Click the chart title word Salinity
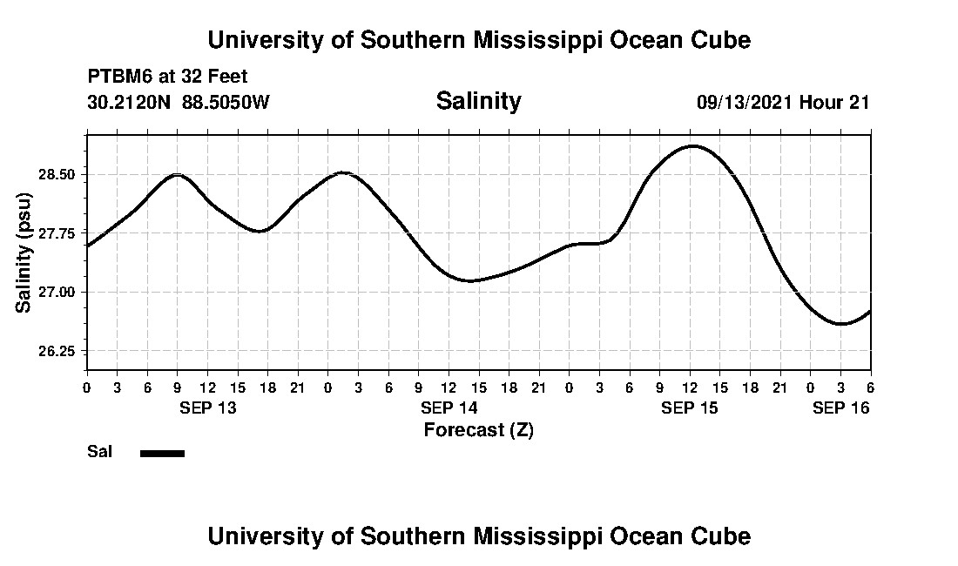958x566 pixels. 478,101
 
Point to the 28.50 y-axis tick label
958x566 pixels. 57,175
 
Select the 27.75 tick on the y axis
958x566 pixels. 57,233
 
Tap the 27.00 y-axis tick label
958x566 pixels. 57,292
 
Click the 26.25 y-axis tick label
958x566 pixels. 57,351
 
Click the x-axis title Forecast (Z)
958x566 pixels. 478,430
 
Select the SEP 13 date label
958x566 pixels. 207,408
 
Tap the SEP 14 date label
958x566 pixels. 449,408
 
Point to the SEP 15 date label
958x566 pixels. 690,408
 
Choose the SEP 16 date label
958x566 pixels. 840,408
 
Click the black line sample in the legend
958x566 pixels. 162,453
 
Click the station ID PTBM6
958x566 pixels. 117,77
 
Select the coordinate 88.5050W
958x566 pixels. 226,102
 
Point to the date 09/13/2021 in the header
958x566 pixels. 745,102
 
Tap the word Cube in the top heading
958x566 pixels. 722,40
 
